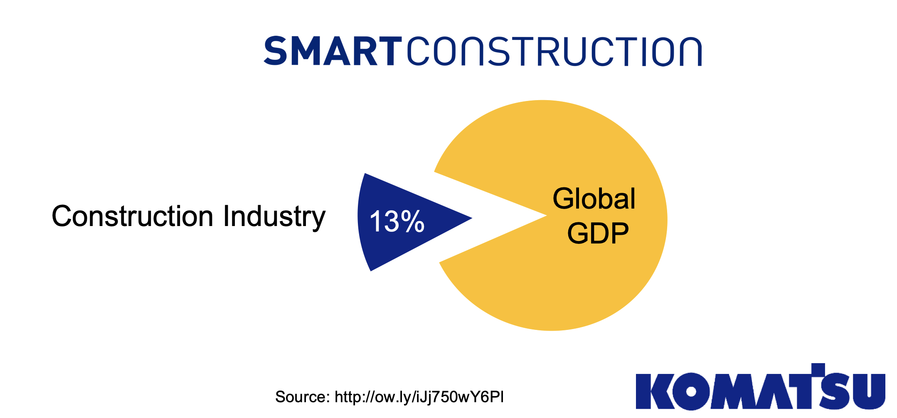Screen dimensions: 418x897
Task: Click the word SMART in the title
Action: click(333, 51)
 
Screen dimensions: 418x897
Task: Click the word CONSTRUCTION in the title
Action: click(554, 51)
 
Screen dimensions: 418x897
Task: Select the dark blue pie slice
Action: click(387, 241)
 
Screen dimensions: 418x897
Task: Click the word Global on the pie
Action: click(594, 199)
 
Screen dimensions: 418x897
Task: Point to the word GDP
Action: click(598, 233)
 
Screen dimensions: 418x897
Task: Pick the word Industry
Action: click(274, 216)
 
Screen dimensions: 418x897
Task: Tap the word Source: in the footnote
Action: click(302, 397)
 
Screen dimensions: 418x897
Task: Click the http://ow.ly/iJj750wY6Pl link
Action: click(419, 397)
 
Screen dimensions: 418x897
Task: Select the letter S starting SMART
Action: click(276, 51)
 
